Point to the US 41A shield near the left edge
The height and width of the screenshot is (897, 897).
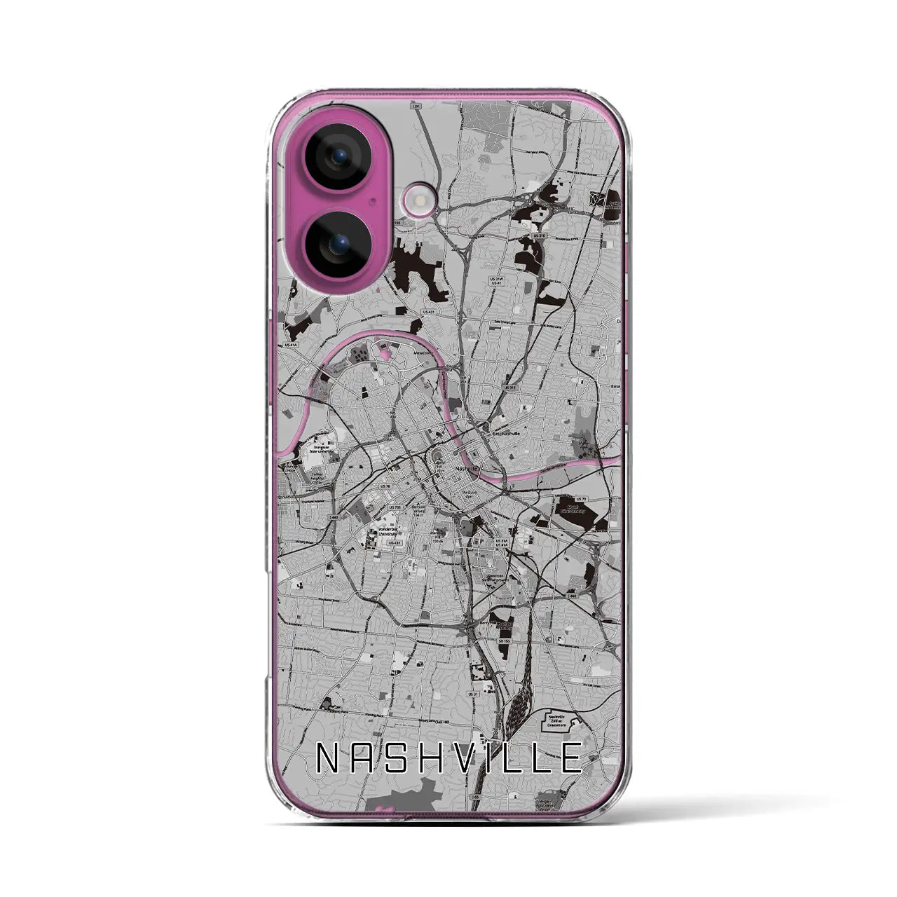tap(290, 345)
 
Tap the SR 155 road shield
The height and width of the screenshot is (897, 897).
tap(504, 640)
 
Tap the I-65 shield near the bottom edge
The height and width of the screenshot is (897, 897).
tap(477, 796)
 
